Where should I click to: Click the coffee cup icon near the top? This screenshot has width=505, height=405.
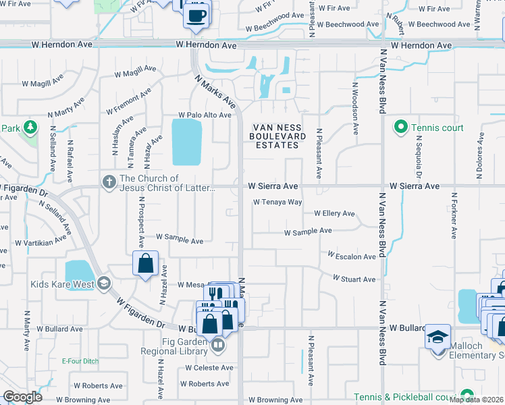tap(196, 15)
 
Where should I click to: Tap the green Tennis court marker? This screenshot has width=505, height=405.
tap(400, 127)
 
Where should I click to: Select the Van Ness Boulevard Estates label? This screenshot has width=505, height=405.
tap(275, 136)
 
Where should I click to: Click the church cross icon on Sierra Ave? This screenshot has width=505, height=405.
tap(108, 182)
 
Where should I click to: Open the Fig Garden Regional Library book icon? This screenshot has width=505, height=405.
tap(217, 346)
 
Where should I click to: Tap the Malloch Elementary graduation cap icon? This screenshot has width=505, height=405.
tap(437, 335)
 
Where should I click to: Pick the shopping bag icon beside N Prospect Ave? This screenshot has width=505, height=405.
tap(146, 264)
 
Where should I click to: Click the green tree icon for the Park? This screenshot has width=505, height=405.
tap(30, 128)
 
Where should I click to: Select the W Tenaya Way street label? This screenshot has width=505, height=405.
tap(277, 202)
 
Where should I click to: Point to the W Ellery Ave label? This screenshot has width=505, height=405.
tap(334, 213)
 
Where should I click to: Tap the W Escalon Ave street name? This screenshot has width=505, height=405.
tap(352, 256)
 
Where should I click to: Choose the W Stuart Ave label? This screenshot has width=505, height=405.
tap(354, 279)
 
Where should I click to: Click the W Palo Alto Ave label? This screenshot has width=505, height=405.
tap(205, 115)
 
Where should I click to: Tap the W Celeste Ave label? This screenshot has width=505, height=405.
tap(209, 368)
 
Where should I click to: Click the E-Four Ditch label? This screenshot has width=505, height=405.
tap(80, 361)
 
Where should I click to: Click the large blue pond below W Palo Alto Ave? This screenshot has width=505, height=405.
tap(186, 142)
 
